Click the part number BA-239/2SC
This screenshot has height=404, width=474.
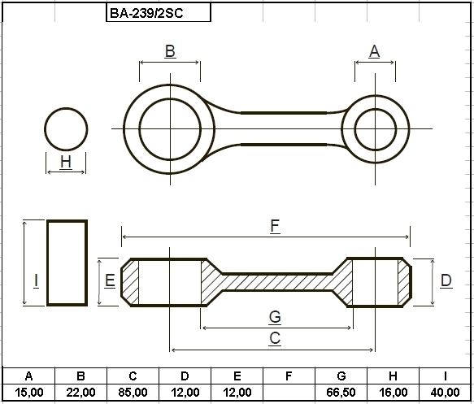click(x=146, y=13)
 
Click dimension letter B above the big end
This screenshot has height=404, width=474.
click(x=170, y=51)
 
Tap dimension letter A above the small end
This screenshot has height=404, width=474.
click(x=374, y=51)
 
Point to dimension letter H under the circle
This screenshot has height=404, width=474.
click(x=66, y=162)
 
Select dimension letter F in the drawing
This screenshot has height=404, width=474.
click(x=275, y=226)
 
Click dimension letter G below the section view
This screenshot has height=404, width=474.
click(x=275, y=317)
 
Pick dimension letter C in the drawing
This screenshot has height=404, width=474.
click(x=275, y=338)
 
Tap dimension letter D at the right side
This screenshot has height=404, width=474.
click(x=446, y=280)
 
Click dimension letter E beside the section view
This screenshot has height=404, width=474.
click(x=110, y=280)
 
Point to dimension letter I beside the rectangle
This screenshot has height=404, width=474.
click(x=36, y=280)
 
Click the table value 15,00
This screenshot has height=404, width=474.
click(x=29, y=393)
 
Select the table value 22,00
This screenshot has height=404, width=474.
click(x=80, y=393)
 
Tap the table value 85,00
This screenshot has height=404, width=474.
click(x=133, y=393)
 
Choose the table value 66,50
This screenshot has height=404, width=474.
click(x=341, y=393)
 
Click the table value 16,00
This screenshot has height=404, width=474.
click(x=393, y=393)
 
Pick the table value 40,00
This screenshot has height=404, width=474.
click(x=445, y=393)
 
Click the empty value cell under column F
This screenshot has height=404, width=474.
click(x=289, y=393)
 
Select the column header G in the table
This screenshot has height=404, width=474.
click(x=341, y=376)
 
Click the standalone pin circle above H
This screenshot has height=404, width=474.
click(x=66, y=108)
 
